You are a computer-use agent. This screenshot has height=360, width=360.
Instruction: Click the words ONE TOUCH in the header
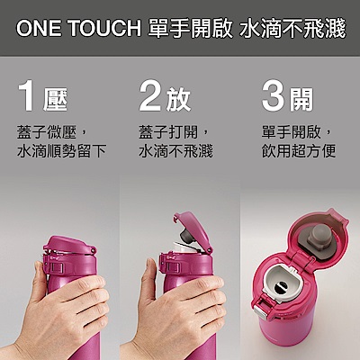tap(78, 29)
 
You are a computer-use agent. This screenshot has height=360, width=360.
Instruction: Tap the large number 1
tap(26, 97)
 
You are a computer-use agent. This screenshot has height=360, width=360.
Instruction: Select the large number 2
tap(151, 96)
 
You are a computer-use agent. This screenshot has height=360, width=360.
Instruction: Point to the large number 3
tap(274, 96)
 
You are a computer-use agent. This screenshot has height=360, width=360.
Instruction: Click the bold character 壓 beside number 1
tap(55, 100)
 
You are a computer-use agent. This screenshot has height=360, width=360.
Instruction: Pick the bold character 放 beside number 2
tap(178, 100)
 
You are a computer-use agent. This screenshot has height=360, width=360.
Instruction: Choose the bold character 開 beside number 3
tap(301, 100)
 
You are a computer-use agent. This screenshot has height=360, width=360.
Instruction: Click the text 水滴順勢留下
tap(62, 151)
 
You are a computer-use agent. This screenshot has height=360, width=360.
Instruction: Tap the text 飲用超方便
tap(299, 151)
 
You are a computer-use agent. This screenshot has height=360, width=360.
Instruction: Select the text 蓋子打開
tap(168, 132)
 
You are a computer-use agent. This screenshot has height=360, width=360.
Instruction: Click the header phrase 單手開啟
tap(190, 29)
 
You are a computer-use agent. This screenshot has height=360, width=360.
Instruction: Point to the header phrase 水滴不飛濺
tap(292, 29)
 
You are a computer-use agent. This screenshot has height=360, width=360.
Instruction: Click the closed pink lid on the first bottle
tap(69, 245)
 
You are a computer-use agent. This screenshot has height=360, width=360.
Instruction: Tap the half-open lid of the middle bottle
tap(193, 230)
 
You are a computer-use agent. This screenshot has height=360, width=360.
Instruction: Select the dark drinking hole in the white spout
tap(281, 288)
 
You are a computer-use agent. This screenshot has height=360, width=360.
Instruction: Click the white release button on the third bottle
tap(260, 310)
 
